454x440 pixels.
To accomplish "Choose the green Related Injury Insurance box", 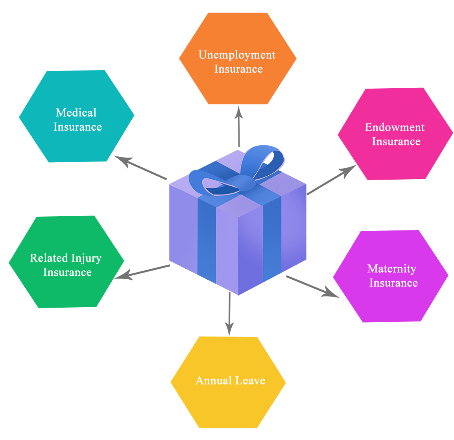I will (66, 291).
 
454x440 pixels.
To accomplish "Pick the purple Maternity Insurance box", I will (390, 303).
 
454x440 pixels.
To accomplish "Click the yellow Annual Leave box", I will (228, 406).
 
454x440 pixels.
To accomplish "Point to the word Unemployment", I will (237, 55).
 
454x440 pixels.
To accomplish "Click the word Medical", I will (76, 113).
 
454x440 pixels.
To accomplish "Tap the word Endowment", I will (395, 127).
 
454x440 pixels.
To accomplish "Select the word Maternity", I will (391, 269).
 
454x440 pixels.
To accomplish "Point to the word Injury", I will (86, 258).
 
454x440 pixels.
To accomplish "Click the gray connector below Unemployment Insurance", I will (238, 126).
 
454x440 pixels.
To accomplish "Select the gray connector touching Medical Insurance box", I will (140, 168).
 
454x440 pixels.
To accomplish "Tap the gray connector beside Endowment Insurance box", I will (331, 180).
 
